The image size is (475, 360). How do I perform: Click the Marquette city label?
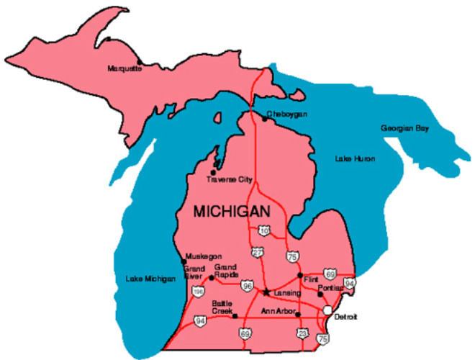(125, 68)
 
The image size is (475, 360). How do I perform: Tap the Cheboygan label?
(287, 114)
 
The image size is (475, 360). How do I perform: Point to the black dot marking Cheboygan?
(264, 119)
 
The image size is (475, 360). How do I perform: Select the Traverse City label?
(228, 179)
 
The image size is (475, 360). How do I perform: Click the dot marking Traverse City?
(212, 171)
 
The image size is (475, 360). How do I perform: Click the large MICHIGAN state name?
(232, 212)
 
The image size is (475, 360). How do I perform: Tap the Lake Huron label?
(355, 158)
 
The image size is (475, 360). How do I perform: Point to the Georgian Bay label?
(404, 128)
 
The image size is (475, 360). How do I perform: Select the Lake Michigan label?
(150, 279)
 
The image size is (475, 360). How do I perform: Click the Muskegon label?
(203, 256)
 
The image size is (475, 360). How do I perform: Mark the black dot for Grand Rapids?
(211, 277)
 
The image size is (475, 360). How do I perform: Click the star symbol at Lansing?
(266, 292)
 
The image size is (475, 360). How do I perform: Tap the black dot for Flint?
(300, 275)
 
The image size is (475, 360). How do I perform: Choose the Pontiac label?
(330, 287)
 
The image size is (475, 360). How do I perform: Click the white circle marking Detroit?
(327, 310)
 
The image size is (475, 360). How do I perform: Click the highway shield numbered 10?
(263, 230)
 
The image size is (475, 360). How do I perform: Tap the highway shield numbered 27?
(257, 253)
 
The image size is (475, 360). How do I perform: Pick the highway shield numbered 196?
(198, 292)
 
